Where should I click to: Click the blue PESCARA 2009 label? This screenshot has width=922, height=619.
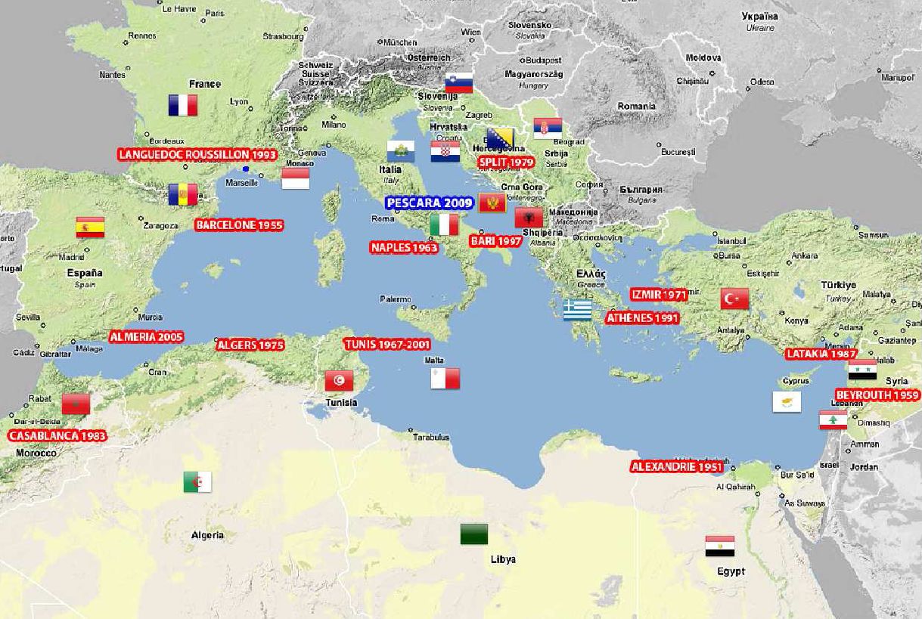click(429, 203)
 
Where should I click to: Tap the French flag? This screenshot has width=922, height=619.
click(182, 105)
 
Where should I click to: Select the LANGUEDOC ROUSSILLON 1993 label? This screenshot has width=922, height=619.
click(197, 154)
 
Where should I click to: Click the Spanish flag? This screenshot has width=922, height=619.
click(90, 227)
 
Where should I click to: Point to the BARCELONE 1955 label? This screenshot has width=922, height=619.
click(239, 225)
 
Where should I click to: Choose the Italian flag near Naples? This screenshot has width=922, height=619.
click(444, 224)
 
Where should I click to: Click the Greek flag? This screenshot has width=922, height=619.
click(577, 310)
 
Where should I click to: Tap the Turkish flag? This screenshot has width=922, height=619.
click(734, 299)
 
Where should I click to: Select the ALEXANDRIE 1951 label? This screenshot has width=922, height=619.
click(677, 467)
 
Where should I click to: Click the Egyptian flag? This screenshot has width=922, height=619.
click(719, 546)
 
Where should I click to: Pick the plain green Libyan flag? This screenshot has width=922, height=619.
click(474, 534)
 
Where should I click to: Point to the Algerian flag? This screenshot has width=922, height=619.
click(197, 481)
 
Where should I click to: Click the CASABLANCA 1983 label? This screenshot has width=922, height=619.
click(57, 436)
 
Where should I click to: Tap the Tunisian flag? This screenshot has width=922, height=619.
click(339, 381)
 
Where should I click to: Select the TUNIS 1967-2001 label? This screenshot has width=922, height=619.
click(386, 345)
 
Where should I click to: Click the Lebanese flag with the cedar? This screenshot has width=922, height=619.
click(833, 420)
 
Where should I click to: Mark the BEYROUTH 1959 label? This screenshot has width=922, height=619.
click(877, 395)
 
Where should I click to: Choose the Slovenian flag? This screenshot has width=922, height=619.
click(458, 82)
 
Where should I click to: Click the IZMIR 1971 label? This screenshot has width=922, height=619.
click(659, 295)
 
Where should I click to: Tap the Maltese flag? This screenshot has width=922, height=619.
click(445, 378)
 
